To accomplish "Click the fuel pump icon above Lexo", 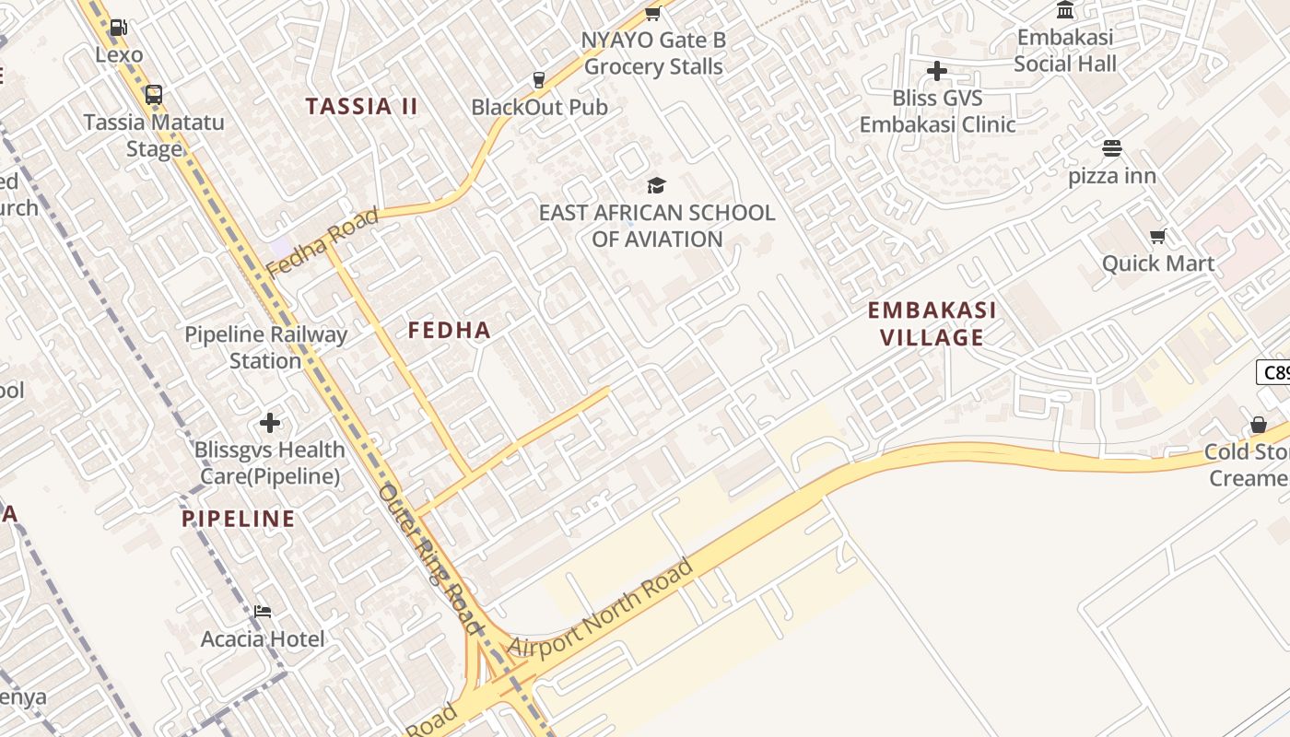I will [118, 28].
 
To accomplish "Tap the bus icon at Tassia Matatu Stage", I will [154, 94].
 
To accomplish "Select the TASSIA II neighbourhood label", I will [362, 106].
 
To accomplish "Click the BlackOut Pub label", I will [539, 107].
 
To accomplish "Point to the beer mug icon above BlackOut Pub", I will [539, 79].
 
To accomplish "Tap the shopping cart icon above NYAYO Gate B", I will [653, 13].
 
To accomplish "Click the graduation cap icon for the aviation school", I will [656, 185].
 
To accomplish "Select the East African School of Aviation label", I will [657, 226].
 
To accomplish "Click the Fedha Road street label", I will [322, 242].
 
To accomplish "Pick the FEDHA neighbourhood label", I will [450, 330].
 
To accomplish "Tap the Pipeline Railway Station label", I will [265, 347].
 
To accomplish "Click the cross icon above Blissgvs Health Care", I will [270, 423].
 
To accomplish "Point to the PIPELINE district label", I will [239, 519].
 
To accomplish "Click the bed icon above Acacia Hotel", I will [263, 611].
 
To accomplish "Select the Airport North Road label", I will [600, 608].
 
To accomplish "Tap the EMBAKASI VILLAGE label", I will [932, 323].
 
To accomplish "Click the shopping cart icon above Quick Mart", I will [1158, 236].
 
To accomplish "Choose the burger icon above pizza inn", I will [1112, 148].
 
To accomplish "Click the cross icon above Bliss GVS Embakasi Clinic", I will [937, 71].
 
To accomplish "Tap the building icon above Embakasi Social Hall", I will [1065, 10].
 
